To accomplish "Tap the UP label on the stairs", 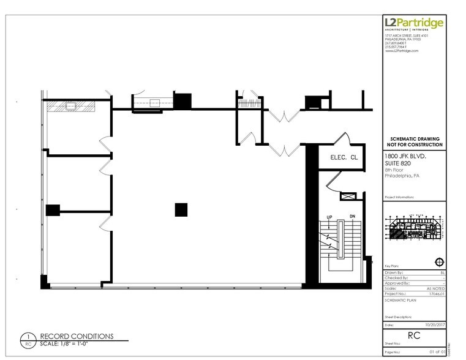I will [x=329, y=217].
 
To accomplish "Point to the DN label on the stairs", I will [x=352, y=217].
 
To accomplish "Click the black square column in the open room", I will [x=181, y=209].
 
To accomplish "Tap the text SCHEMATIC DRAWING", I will [x=416, y=140].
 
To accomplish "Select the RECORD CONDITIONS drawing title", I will [x=77, y=336].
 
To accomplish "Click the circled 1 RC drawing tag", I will [x=26, y=340].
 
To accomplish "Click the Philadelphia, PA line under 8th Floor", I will [x=402, y=175].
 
